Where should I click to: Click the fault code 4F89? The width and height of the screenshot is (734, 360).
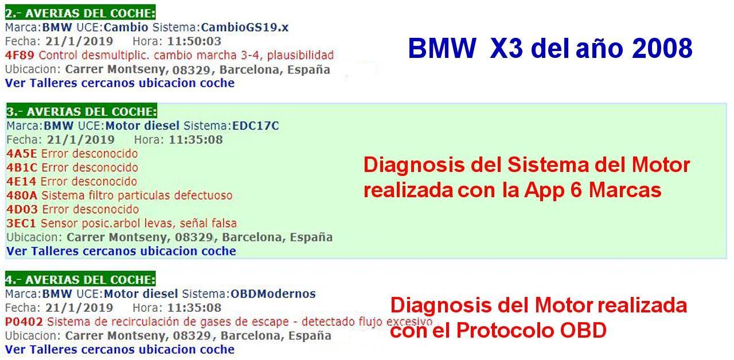click(x=19, y=55)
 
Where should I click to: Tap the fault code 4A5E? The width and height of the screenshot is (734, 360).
click(x=22, y=153)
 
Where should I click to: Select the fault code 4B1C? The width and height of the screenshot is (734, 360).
click(x=22, y=167)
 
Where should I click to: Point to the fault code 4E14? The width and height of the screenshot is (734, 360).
click(x=21, y=181)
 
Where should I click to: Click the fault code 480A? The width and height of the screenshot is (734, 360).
click(x=22, y=195)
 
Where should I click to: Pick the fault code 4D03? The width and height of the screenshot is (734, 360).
click(x=22, y=209)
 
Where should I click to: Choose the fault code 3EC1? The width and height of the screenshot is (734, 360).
click(x=21, y=223)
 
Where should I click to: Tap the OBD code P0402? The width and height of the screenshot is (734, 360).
click(x=24, y=322)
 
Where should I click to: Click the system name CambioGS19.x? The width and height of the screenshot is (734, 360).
click(x=245, y=27)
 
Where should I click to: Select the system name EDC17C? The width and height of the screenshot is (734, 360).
click(x=256, y=126)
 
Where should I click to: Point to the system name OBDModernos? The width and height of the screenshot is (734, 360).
click(x=273, y=294)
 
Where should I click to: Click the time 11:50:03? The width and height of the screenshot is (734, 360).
click(x=194, y=41)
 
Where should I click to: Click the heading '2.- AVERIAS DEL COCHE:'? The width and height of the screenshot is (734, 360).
click(x=80, y=13)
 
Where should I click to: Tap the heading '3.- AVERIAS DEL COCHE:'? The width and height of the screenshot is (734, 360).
click(x=81, y=111)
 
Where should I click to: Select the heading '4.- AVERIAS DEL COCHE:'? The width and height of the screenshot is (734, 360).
click(x=80, y=279)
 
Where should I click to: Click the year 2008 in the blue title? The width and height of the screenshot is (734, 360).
click(x=662, y=49)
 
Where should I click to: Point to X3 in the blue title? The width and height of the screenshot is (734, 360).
click(x=506, y=49)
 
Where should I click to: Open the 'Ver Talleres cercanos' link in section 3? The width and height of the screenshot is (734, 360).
click(x=121, y=251)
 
